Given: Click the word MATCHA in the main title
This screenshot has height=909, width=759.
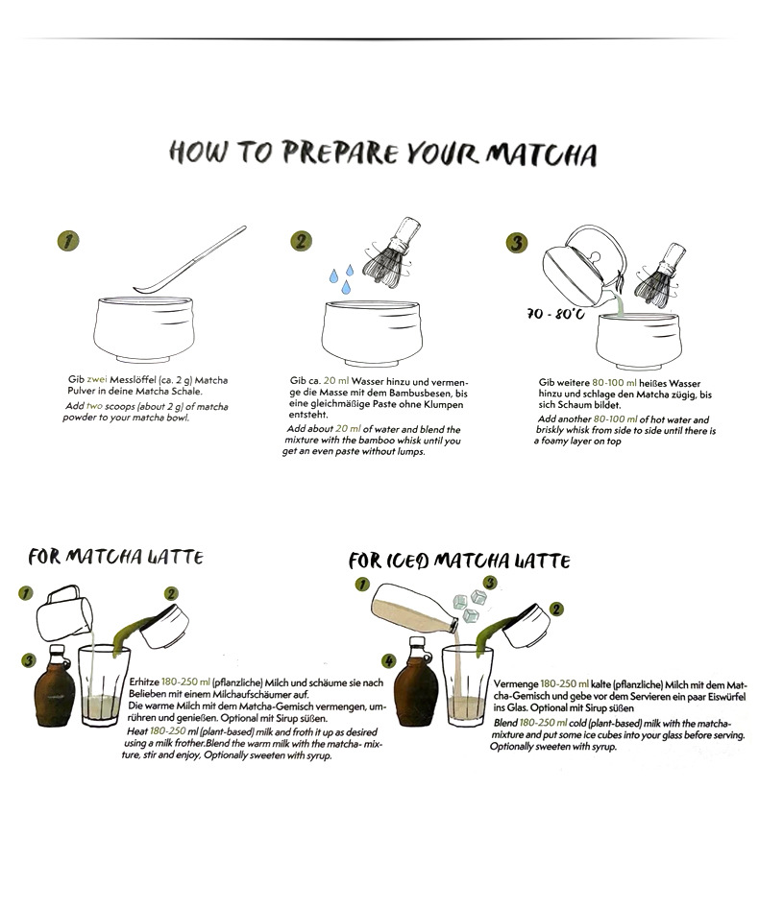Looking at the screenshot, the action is click(x=542, y=155).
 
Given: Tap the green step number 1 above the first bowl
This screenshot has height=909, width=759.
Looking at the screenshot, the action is click(x=68, y=241).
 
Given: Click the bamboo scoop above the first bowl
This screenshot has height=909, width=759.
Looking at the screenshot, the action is click(x=190, y=259).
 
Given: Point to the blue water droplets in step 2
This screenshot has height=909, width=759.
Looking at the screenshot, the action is click(x=342, y=278).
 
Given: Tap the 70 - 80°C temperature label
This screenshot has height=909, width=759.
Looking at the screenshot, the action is click(x=555, y=314).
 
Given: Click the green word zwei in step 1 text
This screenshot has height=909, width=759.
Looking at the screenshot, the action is click(x=97, y=380).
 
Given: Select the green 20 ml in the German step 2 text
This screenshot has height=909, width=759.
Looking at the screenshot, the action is click(x=336, y=381).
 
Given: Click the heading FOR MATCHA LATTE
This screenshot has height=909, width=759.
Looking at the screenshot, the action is click(x=116, y=557).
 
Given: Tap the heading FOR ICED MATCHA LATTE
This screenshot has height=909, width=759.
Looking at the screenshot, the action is click(x=459, y=561).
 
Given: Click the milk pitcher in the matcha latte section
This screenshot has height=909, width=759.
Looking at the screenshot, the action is click(x=64, y=612).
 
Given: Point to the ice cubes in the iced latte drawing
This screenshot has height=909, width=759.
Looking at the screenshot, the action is click(x=470, y=606).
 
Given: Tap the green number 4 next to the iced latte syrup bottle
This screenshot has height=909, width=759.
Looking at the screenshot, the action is click(x=389, y=661).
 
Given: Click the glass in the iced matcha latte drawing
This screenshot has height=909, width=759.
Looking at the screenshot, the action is click(x=467, y=685).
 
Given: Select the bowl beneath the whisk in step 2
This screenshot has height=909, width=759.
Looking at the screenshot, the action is click(x=372, y=331).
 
